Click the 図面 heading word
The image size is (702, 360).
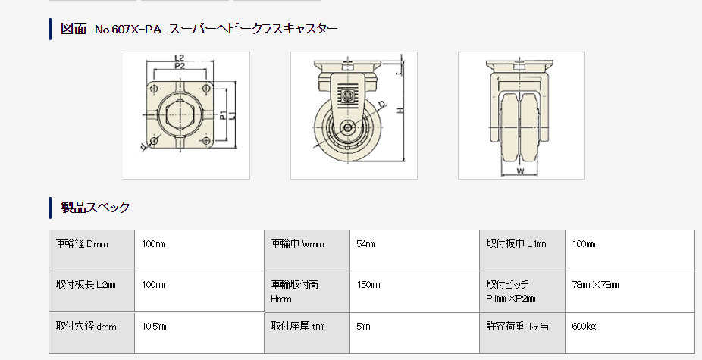(x=73, y=29)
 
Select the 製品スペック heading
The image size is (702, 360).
(x=95, y=208)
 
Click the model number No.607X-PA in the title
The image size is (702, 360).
(x=128, y=30)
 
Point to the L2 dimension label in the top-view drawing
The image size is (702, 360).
(x=179, y=58)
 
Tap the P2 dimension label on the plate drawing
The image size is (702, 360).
(x=180, y=66)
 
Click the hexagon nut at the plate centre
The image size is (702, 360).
(x=180, y=114)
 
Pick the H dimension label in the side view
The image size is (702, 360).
(x=400, y=111)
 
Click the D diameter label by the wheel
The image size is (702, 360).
(x=381, y=105)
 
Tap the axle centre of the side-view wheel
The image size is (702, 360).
(x=348, y=127)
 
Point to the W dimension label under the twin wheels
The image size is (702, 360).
(x=520, y=171)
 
